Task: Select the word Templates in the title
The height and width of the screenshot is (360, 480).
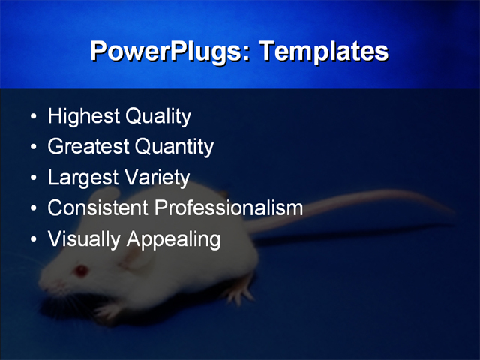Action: point(323,52)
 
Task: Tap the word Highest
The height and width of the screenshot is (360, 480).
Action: point(83,117)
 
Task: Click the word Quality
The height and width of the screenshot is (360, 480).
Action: point(158,117)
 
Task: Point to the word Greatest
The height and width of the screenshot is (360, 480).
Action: point(88,147)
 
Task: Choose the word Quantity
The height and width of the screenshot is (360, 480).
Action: point(175,148)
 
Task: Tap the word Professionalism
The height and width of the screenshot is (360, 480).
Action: point(228,208)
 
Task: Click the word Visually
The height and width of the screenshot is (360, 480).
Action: point(84,240)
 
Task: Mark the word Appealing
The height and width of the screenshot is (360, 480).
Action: point(174,240)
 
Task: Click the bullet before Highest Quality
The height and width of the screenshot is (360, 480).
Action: point(34,118)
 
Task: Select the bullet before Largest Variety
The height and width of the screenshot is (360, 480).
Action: point(34,179)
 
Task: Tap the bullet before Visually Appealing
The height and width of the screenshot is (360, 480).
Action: point(34,241)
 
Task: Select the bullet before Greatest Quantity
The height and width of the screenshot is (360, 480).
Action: point(34,148)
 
